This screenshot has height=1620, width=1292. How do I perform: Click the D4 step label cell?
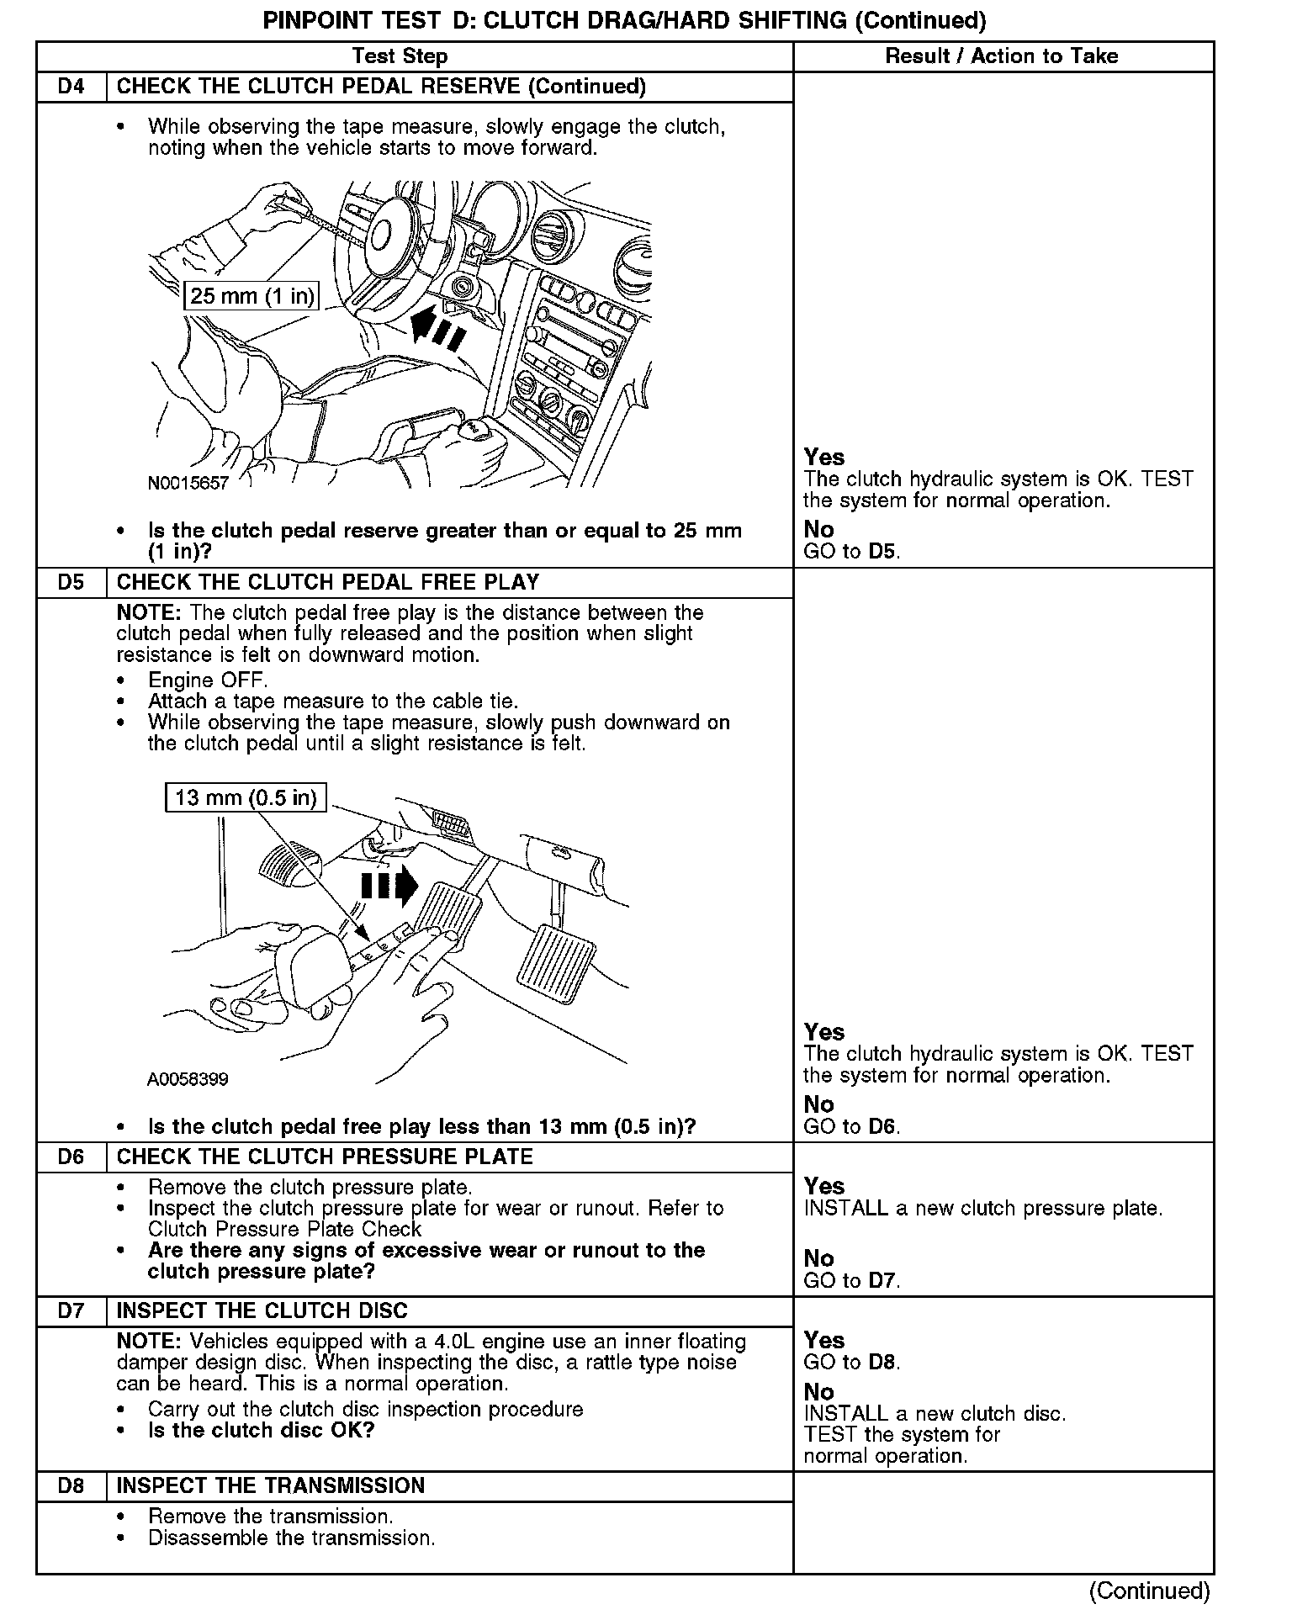(x=71, y=87)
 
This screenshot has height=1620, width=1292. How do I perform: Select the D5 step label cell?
(x=71, y=582)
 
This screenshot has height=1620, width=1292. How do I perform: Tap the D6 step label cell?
(x=71, y=1157)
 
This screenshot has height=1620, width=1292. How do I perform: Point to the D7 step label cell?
(x=71, y=1310)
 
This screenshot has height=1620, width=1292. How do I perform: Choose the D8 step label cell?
(x=71, y=1485)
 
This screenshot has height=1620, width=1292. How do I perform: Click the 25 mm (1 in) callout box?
(x=252, y=295)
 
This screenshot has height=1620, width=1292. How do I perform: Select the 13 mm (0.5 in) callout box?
(x=246, y=797)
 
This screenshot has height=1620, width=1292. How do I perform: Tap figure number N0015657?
(x=188, y=483)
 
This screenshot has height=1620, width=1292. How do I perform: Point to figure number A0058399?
(x=188, y=1079)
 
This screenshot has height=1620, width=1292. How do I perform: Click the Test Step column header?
(x=400, y=56)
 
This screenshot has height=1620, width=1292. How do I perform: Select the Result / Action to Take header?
(x=1002, y=56)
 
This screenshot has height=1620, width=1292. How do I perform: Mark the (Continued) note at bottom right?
(x=1149, y=1591)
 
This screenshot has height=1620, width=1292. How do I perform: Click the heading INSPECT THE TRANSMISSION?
(x=271, y=1485)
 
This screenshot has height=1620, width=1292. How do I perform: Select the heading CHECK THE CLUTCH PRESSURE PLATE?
(x=325, y=1157)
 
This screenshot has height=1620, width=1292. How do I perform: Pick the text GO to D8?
(x=851, y=1362)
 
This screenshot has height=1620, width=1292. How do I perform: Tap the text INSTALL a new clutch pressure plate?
(x=982, y=1209)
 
